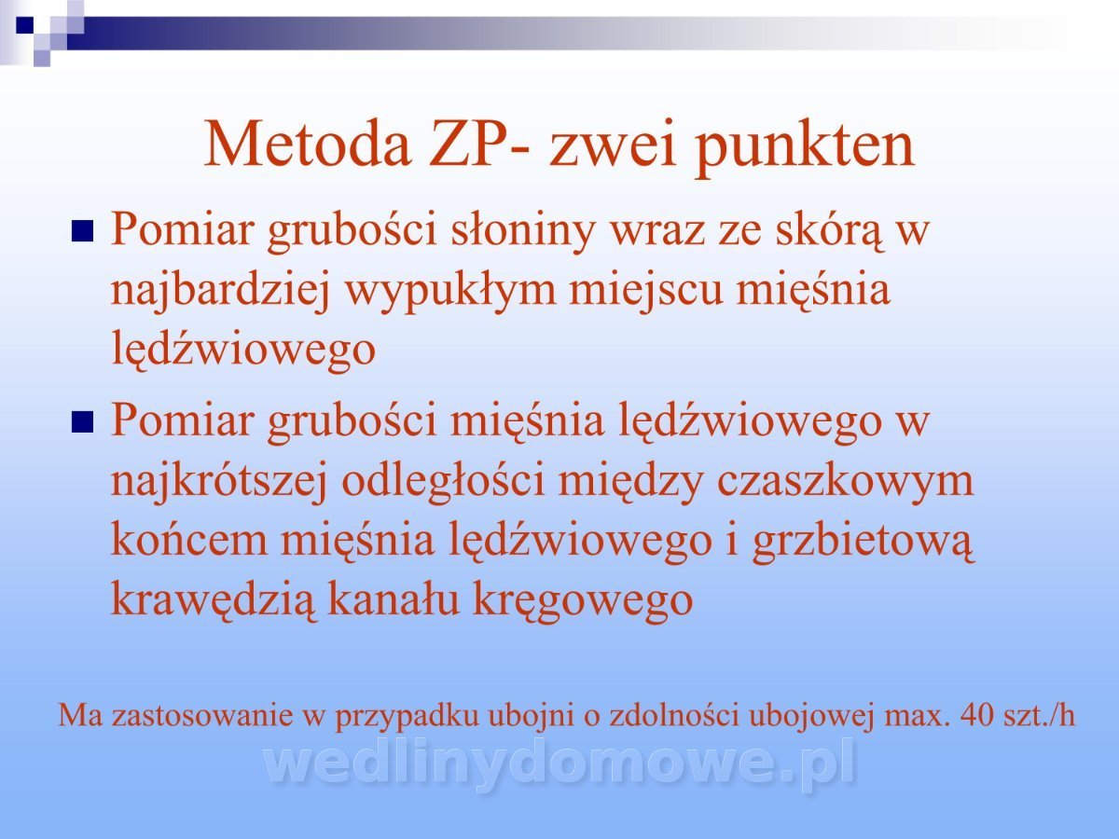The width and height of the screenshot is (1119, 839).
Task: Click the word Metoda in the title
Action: pyautogui.click(x=308, y=144)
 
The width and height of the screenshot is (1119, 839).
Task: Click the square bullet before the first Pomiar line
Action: pyautogui.click(x=82, y=231)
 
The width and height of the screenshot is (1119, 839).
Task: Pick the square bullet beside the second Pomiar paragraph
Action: pyautogui.click(x=82, y=421)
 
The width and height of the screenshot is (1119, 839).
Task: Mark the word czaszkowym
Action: pyautogui.click(x=845, y=482)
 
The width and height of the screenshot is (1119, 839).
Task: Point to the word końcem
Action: pyautogui.click(x=189, y=541)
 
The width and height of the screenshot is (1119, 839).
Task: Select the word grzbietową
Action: pyautogui.click(x=863, y=543)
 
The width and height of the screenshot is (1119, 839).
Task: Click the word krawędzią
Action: pyautogui.click(x=214, y=601)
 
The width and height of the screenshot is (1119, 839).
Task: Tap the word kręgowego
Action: pyautogui.click(x=583, y=601)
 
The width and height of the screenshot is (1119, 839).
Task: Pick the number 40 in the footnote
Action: pyautogui.click(x=977, y=715)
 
